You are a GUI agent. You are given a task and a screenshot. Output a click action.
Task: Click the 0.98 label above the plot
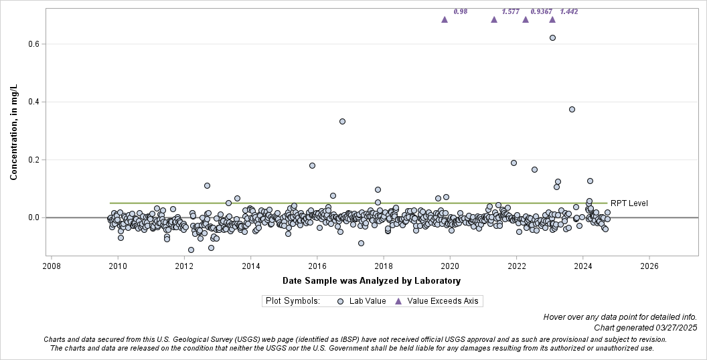tap(460, 11)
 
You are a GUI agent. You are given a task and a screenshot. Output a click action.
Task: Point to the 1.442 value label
tap(569, 11)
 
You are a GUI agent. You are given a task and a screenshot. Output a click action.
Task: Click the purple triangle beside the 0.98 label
tap(445, 19)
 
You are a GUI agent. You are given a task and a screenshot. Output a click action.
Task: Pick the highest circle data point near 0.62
tap(552, 37)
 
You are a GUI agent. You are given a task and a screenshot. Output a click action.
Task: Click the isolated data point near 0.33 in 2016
tap(342, 121)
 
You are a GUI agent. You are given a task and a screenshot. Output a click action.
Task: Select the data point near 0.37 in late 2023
tap(572, 109)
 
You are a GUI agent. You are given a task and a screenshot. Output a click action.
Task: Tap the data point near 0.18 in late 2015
tap(312, 165)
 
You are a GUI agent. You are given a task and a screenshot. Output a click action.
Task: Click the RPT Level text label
tap(629, 203)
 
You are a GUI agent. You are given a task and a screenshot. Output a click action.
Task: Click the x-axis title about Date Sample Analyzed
tap(372, 280)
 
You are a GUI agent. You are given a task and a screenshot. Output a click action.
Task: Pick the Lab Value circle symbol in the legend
tap(340, 301)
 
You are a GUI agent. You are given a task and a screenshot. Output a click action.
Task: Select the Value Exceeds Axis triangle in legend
tap(398, 301)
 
